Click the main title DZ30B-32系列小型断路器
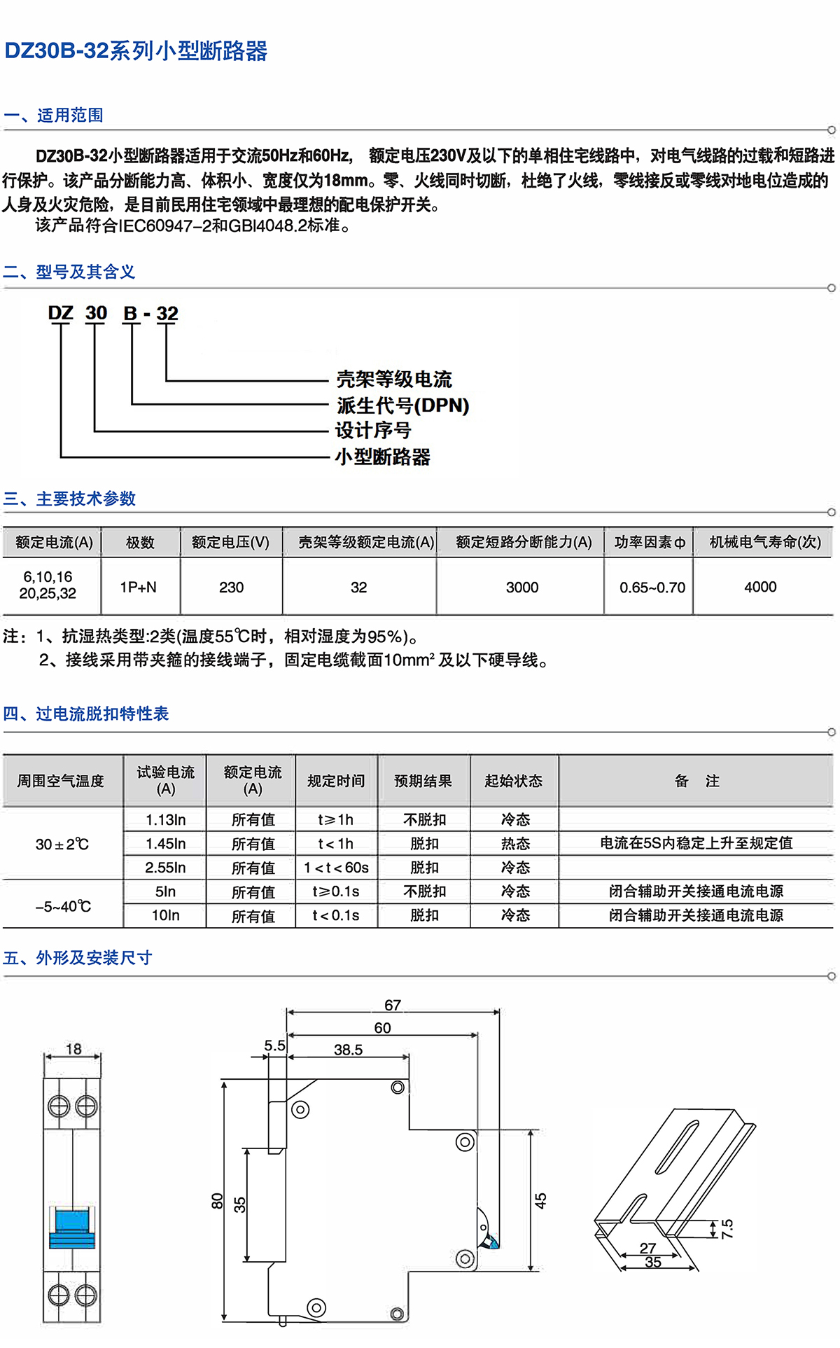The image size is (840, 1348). (136, 51)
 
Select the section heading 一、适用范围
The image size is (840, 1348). (54, 115)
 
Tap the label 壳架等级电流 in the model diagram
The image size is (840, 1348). (394, 380)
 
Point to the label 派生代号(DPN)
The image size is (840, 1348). (402, 405)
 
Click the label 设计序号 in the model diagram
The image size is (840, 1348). (373, 431)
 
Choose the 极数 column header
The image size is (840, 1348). (140, 543)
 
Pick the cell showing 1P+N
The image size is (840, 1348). (139, 587)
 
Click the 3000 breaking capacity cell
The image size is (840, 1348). (522, 587)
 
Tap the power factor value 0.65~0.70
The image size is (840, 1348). (652, 588)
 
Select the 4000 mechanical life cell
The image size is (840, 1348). (760, 587)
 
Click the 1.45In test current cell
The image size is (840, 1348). (165, 844)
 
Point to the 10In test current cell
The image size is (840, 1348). (165, 915)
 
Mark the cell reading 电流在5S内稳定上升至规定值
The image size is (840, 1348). (696, 843)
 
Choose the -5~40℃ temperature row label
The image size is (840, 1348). (63, 907)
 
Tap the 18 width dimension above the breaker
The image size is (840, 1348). (73, 1049)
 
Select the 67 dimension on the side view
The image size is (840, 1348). (393, 1005)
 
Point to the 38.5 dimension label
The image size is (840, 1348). (348, 1050)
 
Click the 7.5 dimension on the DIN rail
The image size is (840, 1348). (727, 1228)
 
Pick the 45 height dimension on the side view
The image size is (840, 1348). (540, 1200)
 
